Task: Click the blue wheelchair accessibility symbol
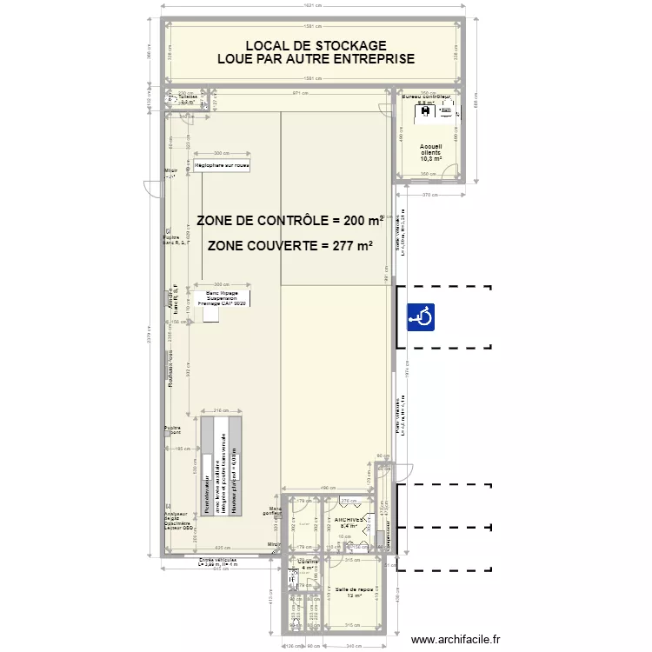click(421, 317)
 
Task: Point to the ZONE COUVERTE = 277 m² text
click(289, 246)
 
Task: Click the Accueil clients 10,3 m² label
click(430, 153)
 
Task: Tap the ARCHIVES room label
click(349, 521)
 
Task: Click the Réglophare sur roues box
click(223, 164)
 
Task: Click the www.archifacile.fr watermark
click(456, 639)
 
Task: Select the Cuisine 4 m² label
click(307, 565)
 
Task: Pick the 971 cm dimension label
click(300, 91)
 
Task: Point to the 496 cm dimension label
click(328, 488)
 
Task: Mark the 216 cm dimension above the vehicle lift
click(221, 409)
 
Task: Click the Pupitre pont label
click(172, 430)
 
